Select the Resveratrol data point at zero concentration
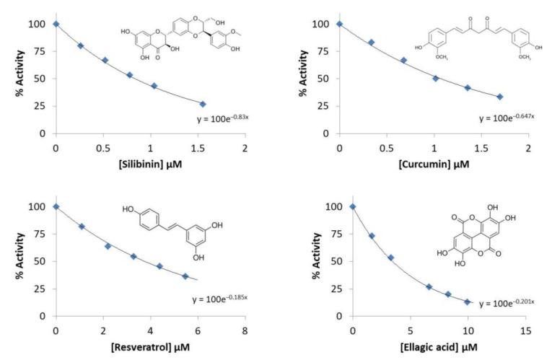[x=56, y=206]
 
